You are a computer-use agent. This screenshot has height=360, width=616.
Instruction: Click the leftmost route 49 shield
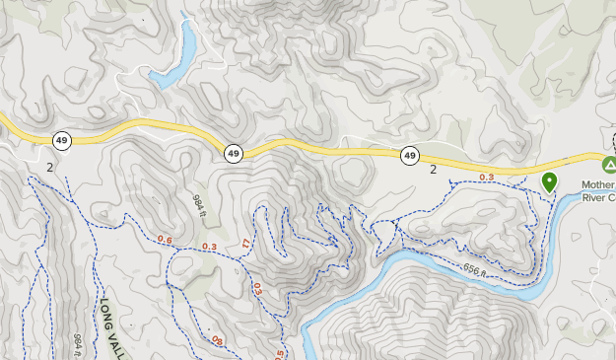(62, 141)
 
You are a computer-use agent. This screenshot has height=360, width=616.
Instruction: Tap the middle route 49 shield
(233, 153)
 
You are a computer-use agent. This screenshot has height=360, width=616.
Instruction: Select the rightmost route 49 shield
(409, 155)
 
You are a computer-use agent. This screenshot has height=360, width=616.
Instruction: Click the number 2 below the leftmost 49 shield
(49, 167)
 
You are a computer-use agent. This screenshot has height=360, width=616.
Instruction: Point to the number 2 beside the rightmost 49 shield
(433, 170)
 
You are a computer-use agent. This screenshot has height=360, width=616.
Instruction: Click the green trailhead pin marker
(549, 181)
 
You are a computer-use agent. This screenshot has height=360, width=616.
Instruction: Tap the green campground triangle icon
(609, 163)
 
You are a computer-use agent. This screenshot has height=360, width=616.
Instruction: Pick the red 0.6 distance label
(165, 240)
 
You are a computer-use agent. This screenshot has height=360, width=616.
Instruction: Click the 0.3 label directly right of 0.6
(209, 247)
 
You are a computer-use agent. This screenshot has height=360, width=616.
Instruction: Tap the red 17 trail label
(245, 244)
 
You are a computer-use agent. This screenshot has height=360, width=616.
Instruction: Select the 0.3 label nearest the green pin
(486, 177)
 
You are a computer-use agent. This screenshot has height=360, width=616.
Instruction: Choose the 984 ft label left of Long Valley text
(77, 345)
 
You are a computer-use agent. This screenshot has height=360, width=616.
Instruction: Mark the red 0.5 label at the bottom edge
(279, 353)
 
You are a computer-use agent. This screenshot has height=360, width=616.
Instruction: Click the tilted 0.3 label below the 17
(257, 288)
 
